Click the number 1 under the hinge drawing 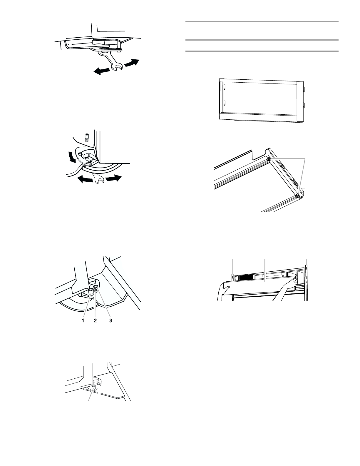coord(83,320)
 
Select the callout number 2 coord(95,320)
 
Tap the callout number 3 coord(111,320)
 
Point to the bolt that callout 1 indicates coord(91,290)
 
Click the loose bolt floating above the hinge coord(87,137)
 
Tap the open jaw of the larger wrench coord(118,67)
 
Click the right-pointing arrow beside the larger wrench coord(132,63)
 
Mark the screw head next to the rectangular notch coord(269,158)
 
